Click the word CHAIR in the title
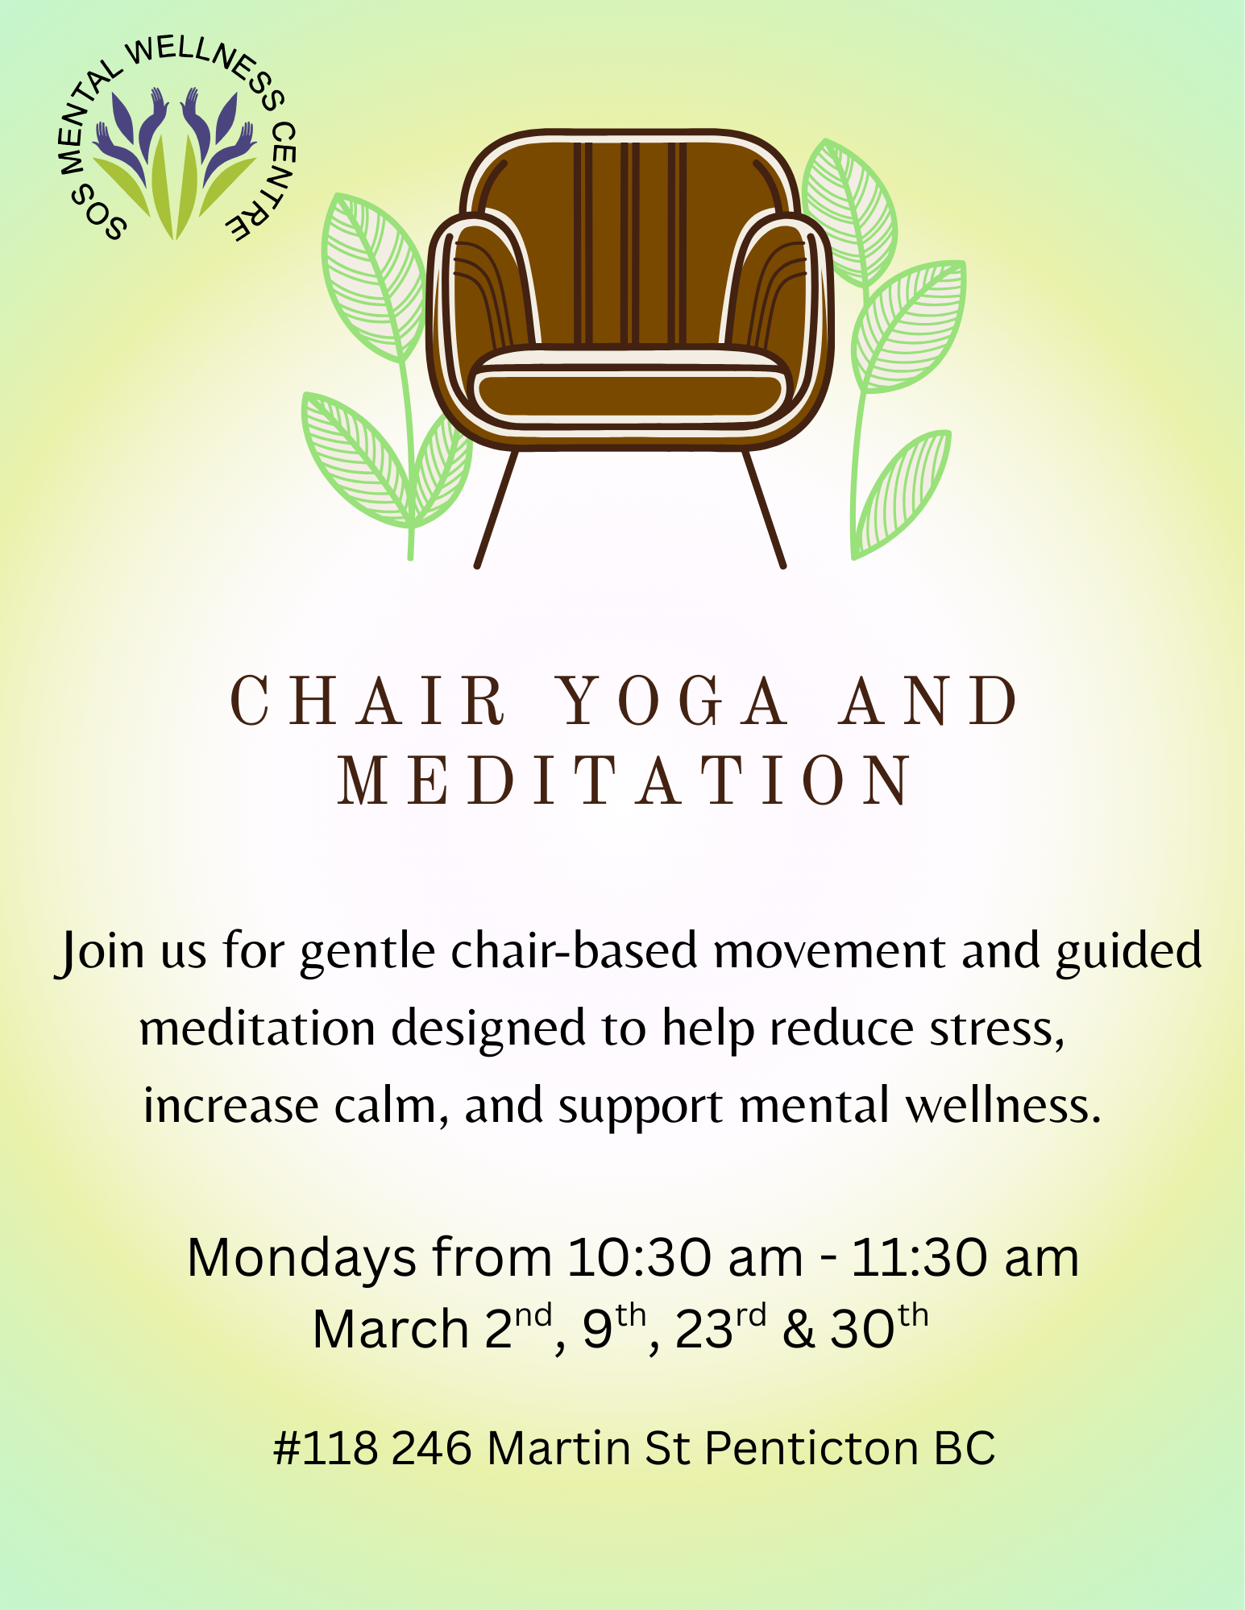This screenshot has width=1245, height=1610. click(367, 701)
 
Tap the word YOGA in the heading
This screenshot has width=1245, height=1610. click(674, 701)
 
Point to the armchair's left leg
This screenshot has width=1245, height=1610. click(496, 509)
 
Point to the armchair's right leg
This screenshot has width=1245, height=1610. click(764, 509)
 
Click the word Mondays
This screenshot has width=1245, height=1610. click(301, 1259)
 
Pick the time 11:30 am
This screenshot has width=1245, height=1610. click(965, 1257)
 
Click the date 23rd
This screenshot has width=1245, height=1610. click(720, 1327)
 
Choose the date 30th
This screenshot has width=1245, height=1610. click(879, 1327)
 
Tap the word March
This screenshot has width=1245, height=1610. click(390, 1329)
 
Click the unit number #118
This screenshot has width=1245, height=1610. click(326, 1448)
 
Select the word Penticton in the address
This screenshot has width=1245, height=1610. click(811, 1448)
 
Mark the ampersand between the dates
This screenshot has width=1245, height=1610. click(798, 1329)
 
